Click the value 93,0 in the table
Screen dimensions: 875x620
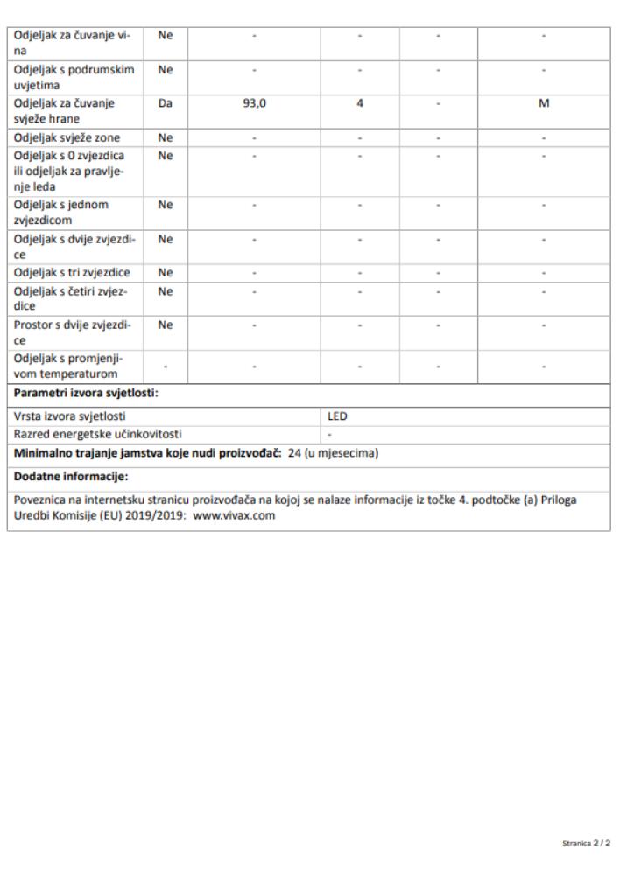point(254,103)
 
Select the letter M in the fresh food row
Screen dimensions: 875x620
point(543,103)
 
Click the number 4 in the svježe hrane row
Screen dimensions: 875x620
point(360,103)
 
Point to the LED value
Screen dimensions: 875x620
point(336,416)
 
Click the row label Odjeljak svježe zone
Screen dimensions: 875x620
point(67,137)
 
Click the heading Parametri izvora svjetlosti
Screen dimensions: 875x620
point(86,392)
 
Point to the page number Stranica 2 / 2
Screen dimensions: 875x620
point(586,843)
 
